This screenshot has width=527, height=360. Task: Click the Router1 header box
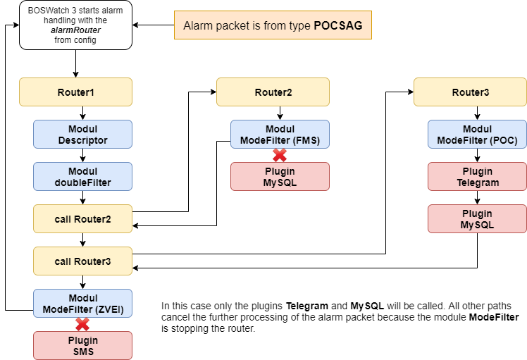click(75, 92)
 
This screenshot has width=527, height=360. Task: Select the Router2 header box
click(273, 92)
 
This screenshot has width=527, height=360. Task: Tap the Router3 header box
click(470, 92)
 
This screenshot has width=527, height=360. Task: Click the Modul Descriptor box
click(82, 135)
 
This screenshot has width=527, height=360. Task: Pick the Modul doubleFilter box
click(82, 177)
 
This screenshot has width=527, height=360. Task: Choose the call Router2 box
click(82, 219)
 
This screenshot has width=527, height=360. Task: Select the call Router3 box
click(82, 261)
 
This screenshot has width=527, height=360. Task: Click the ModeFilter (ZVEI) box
click(82, 303)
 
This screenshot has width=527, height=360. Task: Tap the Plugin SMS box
click(82, 345)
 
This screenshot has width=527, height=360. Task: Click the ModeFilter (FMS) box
click(280, 135)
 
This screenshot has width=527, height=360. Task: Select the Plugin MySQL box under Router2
click(280, 177)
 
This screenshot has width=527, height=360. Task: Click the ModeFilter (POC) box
click(477, 135)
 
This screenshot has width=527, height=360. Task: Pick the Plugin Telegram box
click(477, 177)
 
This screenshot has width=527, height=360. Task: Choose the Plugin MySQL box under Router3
click(477, 219)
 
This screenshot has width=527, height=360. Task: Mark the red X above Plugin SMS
click(82, 325)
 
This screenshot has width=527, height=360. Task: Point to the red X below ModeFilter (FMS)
click(280, 156)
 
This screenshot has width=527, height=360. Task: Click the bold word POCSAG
click(337, 26)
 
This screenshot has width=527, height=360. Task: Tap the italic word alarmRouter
click(75, 30)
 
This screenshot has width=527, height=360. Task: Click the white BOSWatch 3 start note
click(75, 25)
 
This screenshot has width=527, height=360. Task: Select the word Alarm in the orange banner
click(197, 26)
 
